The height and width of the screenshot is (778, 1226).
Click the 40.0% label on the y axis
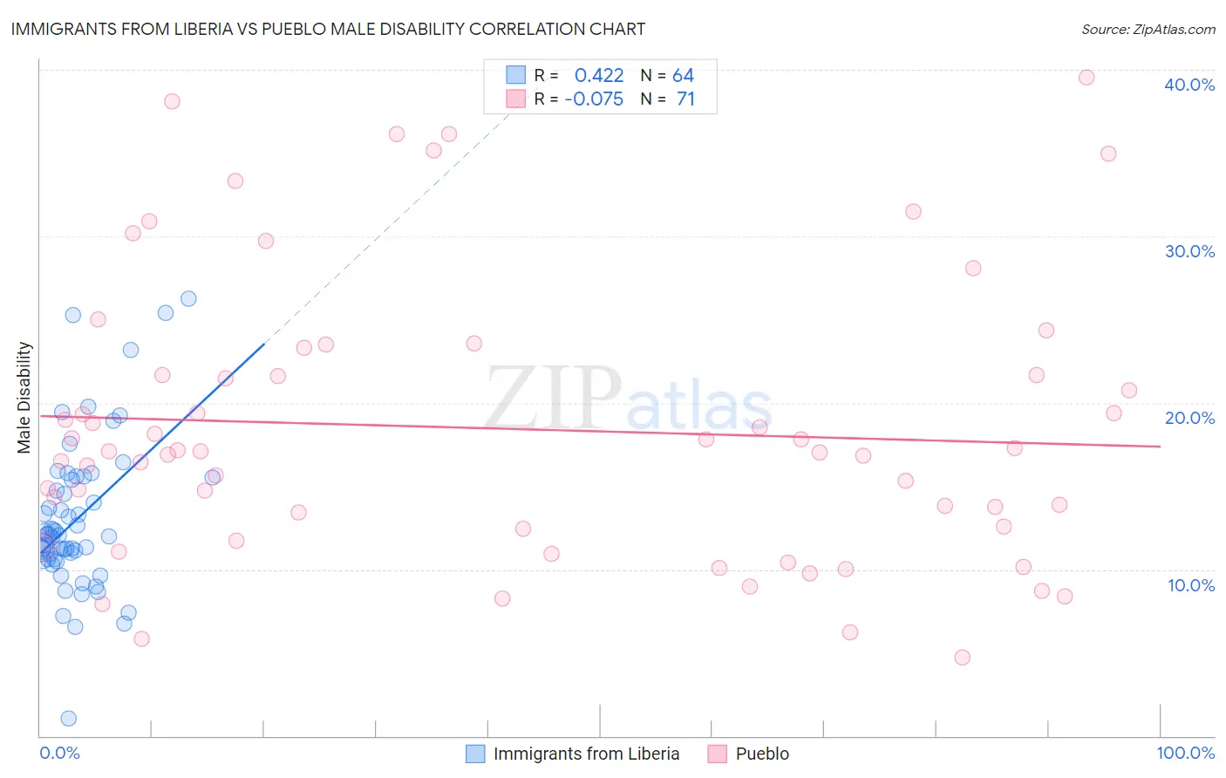click(x=1189, y=85)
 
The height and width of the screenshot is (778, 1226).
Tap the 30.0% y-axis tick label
click(x=1189, y=251)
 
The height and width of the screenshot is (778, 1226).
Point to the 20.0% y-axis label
click(x=1189, y=418)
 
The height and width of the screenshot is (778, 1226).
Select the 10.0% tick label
click(x=1190, y=585)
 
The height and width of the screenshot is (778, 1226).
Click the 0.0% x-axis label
click(x=59, y=753)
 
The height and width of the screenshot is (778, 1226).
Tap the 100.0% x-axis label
click(x=1185, y=753)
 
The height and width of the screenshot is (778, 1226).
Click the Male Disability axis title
click(x=24, y=397)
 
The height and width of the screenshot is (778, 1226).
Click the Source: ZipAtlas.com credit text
click(x=1148, y=29)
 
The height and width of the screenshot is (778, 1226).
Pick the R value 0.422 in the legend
click(x=599, y=76)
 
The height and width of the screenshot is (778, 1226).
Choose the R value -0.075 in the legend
click(x=594, y=99)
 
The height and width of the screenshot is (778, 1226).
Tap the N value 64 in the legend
click(x=683, y=76)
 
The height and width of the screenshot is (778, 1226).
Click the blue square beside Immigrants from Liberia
click(x=475, y=754)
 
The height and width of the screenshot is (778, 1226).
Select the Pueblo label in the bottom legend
click(x=762, y=754)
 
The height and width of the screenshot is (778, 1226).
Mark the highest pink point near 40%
click(x=1086, y=78)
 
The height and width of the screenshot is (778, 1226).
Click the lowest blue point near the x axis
click(x=68, y=719)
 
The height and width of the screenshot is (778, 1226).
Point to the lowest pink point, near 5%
click(x=962, y=658)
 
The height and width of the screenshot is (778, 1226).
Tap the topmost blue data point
click(x=188, y=299)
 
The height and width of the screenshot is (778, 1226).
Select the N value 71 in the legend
click(x=685, y=99)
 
